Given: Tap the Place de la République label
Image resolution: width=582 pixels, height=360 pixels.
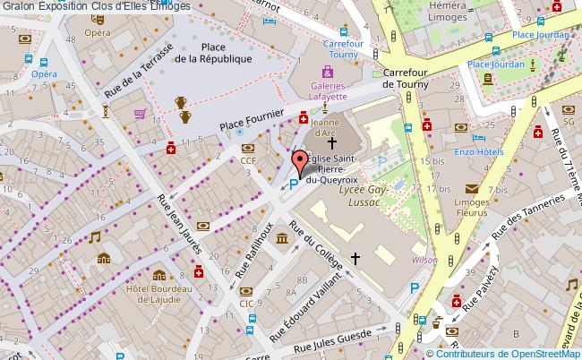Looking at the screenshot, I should [x=212, y=53].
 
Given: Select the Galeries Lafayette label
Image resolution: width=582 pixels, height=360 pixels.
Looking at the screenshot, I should [x=327, y=90].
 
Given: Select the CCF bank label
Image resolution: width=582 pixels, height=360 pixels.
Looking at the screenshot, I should [x=248, y=161].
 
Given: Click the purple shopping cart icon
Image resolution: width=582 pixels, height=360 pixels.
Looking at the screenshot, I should [x=140, y=114].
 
